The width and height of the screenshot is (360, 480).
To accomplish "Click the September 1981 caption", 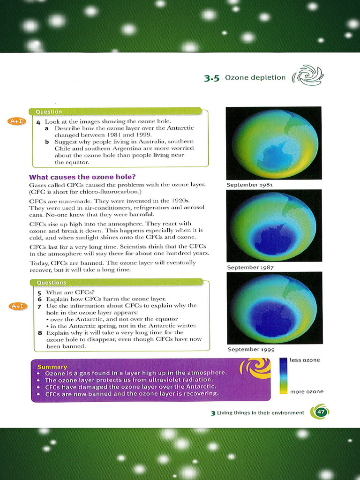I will (x=250, y=185).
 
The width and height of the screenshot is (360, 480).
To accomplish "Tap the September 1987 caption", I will (x=250, y=267).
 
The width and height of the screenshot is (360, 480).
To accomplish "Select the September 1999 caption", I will (x=251, y=349).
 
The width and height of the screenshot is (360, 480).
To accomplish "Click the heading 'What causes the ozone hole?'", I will (x=82, y=177).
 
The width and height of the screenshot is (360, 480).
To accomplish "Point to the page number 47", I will (x=321, y=412).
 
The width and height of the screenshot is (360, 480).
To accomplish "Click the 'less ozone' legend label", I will (x=305, y=360).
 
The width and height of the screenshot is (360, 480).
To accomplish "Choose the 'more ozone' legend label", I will (x=307, y=391).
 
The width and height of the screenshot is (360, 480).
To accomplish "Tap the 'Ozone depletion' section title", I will (x=255, y=77).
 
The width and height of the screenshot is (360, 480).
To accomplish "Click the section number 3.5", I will (x=212, y=78).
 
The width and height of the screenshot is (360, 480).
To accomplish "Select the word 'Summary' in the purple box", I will (x=52, y=367).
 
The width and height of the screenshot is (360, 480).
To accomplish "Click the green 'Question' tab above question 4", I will (x=49, y=112).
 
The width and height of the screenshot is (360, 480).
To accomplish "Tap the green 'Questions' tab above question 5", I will (x=52, y=283).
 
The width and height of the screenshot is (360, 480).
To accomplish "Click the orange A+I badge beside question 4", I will (x=16, y=122).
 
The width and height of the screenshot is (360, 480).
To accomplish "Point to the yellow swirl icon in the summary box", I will (x=255, y=368).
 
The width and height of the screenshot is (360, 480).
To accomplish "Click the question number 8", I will (x=40, y=332).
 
